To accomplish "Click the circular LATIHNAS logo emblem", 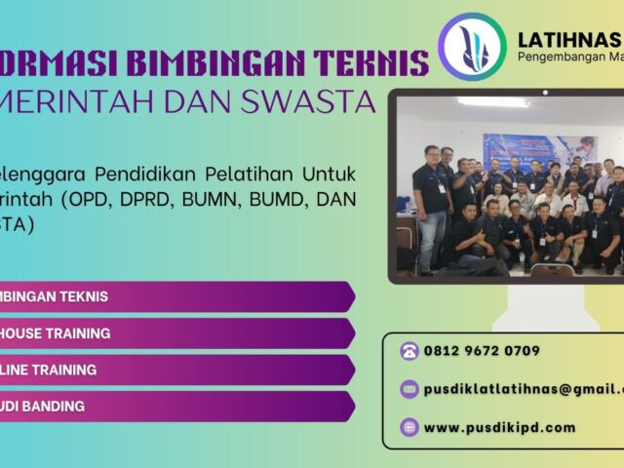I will [x=472, y=46].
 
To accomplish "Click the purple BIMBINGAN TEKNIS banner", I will [x=175, y=296].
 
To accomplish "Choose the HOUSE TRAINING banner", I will [x=175, y=333].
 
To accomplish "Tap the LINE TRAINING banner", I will [x=175, y=370].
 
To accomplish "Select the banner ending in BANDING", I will [x=175, y=406].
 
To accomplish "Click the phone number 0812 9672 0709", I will [x=482, y=351].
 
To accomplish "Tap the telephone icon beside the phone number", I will [x=409, y=351].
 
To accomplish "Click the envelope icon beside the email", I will [x=409, y=389].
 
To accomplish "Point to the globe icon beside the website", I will [x=409, y=426].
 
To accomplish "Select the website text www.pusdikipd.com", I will [x=499, y=426].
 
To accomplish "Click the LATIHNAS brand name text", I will [x=569, y=40].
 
